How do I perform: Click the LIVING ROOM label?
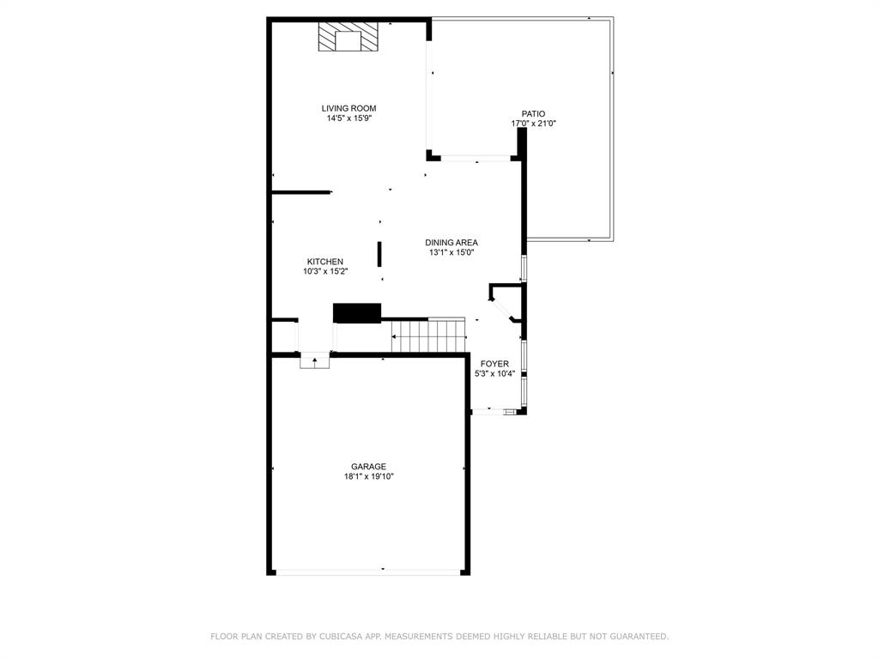(349, 108)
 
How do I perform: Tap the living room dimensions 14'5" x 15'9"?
(349, 118)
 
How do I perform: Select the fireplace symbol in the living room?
(349, 38)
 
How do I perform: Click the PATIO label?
(533, 113)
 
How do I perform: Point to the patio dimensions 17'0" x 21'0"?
(533, 124)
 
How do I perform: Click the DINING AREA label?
(452, 243)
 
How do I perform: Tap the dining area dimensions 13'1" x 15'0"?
(452, 253)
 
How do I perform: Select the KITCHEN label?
(325, 262)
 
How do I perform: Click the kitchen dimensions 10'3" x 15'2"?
(325, 272)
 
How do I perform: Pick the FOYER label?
(494, 364)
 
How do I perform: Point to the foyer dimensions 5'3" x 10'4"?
(494, 374)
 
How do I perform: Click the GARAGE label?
(368, 467)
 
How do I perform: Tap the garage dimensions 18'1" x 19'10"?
(368, 477)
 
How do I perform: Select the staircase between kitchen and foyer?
(427, 336)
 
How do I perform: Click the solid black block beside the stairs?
(356, 312)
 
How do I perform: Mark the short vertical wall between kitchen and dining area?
(379, 254)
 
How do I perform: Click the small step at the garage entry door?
(315, 361)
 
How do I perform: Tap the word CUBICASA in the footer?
(338, 637)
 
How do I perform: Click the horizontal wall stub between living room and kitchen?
(300, 192)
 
